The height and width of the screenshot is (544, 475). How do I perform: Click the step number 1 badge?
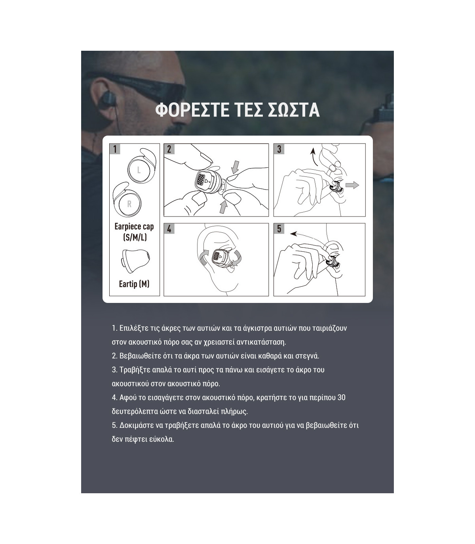[x=115, y=149]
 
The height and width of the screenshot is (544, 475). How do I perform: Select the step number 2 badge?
[x=169, y=149]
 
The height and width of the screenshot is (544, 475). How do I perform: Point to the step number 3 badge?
[x=279, y=149]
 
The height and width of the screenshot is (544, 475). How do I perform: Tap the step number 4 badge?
[x=169, y=229]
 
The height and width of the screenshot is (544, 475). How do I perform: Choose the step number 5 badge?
[x=279, y=229]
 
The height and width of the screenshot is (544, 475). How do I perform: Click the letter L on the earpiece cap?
[x=139, y=170]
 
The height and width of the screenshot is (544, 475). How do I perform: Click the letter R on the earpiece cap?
[x=129, y=204]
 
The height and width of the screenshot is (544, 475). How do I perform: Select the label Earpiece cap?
[x=134, y=226]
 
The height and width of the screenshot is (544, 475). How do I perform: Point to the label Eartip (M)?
[x=134, y=284]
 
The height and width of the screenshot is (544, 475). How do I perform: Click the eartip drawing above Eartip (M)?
[x=136, y=261]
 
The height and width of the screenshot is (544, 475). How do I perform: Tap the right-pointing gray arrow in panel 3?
[x=352, y=185]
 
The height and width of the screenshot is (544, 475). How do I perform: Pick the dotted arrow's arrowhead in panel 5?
[x=293, y=234]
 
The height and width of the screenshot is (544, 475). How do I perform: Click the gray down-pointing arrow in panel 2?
[x=235, y=167]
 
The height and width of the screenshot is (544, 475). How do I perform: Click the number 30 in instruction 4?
[x=341, y=398]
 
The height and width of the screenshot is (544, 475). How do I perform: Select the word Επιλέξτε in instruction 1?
[x=134, y=328]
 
